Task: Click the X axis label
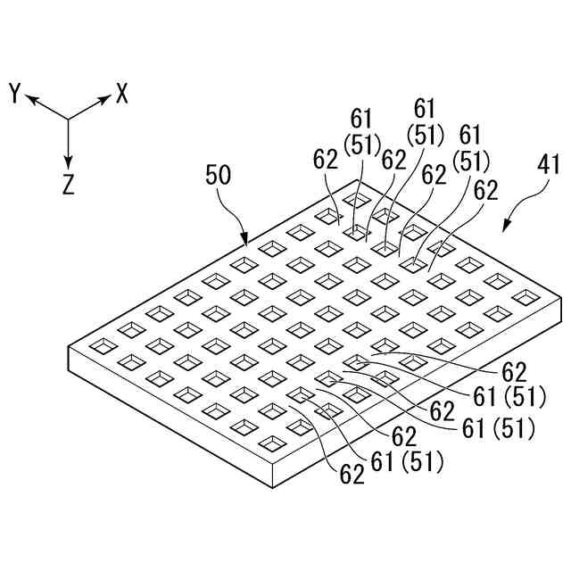[x=122, y=93]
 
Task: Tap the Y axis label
[x=15, y=93]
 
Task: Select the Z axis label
[x=69, y=185]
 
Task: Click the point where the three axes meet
[x=69, y=120]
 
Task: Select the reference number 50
[x=219, y=174]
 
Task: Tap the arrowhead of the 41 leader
[x=505, y=230]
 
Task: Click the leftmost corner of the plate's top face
[x=69, y=346]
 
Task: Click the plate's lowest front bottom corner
[x=271, y=489]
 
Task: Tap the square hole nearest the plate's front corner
[x=270, y=442]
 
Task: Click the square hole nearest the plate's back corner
[x=358, y=198]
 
